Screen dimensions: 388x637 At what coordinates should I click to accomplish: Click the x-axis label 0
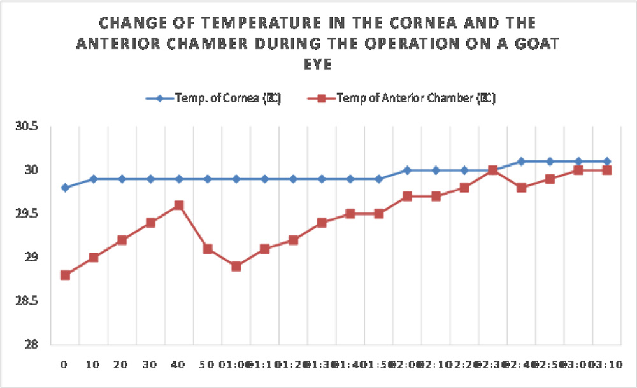pos(64,365)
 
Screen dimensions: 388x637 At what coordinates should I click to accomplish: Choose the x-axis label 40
pos(178,365)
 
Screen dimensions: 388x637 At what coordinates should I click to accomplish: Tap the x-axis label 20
pos(121,365)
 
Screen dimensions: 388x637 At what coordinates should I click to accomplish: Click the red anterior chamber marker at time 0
pos(65,275)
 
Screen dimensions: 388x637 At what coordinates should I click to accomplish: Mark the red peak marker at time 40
pos(179,205)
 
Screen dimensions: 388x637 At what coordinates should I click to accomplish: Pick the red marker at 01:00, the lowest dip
pos(236,266)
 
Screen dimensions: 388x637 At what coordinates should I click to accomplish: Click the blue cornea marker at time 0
pos(65,188)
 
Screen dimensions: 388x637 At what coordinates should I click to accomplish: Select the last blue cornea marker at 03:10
pos(607,162)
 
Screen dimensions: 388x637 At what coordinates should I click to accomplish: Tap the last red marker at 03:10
pos(607,170)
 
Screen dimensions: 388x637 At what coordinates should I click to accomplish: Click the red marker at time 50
pos(208,249)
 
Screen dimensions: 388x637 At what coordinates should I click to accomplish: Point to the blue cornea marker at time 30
pos(150,179)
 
